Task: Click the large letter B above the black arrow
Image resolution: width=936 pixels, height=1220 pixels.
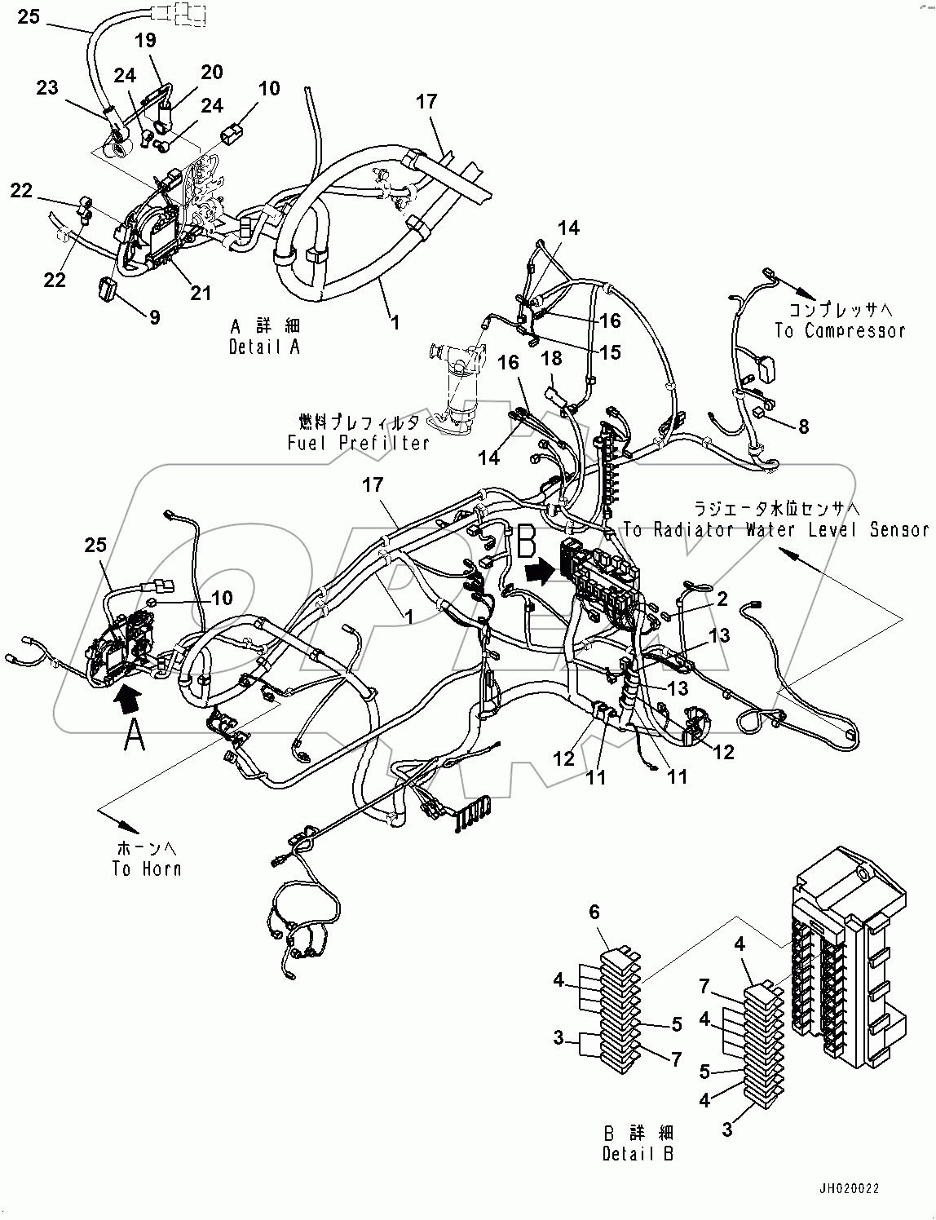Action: tap(526, 541)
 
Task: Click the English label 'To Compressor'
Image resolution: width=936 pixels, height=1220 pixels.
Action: tap(839, 330)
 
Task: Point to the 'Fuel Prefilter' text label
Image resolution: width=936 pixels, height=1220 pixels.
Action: tap(358, 443)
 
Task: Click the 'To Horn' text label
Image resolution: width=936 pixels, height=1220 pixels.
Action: tap(146, 869)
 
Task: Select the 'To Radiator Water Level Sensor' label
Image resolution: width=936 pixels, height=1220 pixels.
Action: tap(775, 530)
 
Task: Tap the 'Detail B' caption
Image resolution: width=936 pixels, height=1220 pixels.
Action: tap(639, 1154)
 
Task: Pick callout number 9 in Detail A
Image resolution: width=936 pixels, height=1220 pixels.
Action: tap(153, 316)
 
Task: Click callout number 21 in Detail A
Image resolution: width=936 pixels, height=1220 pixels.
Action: tap(201, 294)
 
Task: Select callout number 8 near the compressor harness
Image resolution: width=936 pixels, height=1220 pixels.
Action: tap(803, 426)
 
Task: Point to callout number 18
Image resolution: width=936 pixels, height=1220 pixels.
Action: tap(552, 358)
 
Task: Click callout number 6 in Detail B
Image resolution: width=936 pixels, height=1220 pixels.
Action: tap(594, 912)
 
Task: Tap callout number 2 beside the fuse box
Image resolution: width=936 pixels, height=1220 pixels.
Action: tap(722, 600)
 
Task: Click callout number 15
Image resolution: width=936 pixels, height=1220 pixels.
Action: tap(610, 351)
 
